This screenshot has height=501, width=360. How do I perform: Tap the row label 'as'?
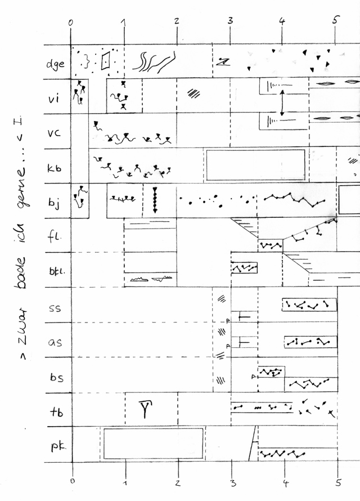pos(55,342)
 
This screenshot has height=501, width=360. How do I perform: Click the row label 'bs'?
pos(55,377)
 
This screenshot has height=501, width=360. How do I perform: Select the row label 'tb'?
pos(55,410)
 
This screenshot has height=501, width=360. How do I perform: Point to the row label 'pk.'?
pos(56,448)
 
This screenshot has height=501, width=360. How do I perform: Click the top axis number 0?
pos(70,23)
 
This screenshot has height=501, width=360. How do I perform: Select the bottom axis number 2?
pos(178,483)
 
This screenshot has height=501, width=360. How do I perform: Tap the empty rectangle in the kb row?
pos(256,165)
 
